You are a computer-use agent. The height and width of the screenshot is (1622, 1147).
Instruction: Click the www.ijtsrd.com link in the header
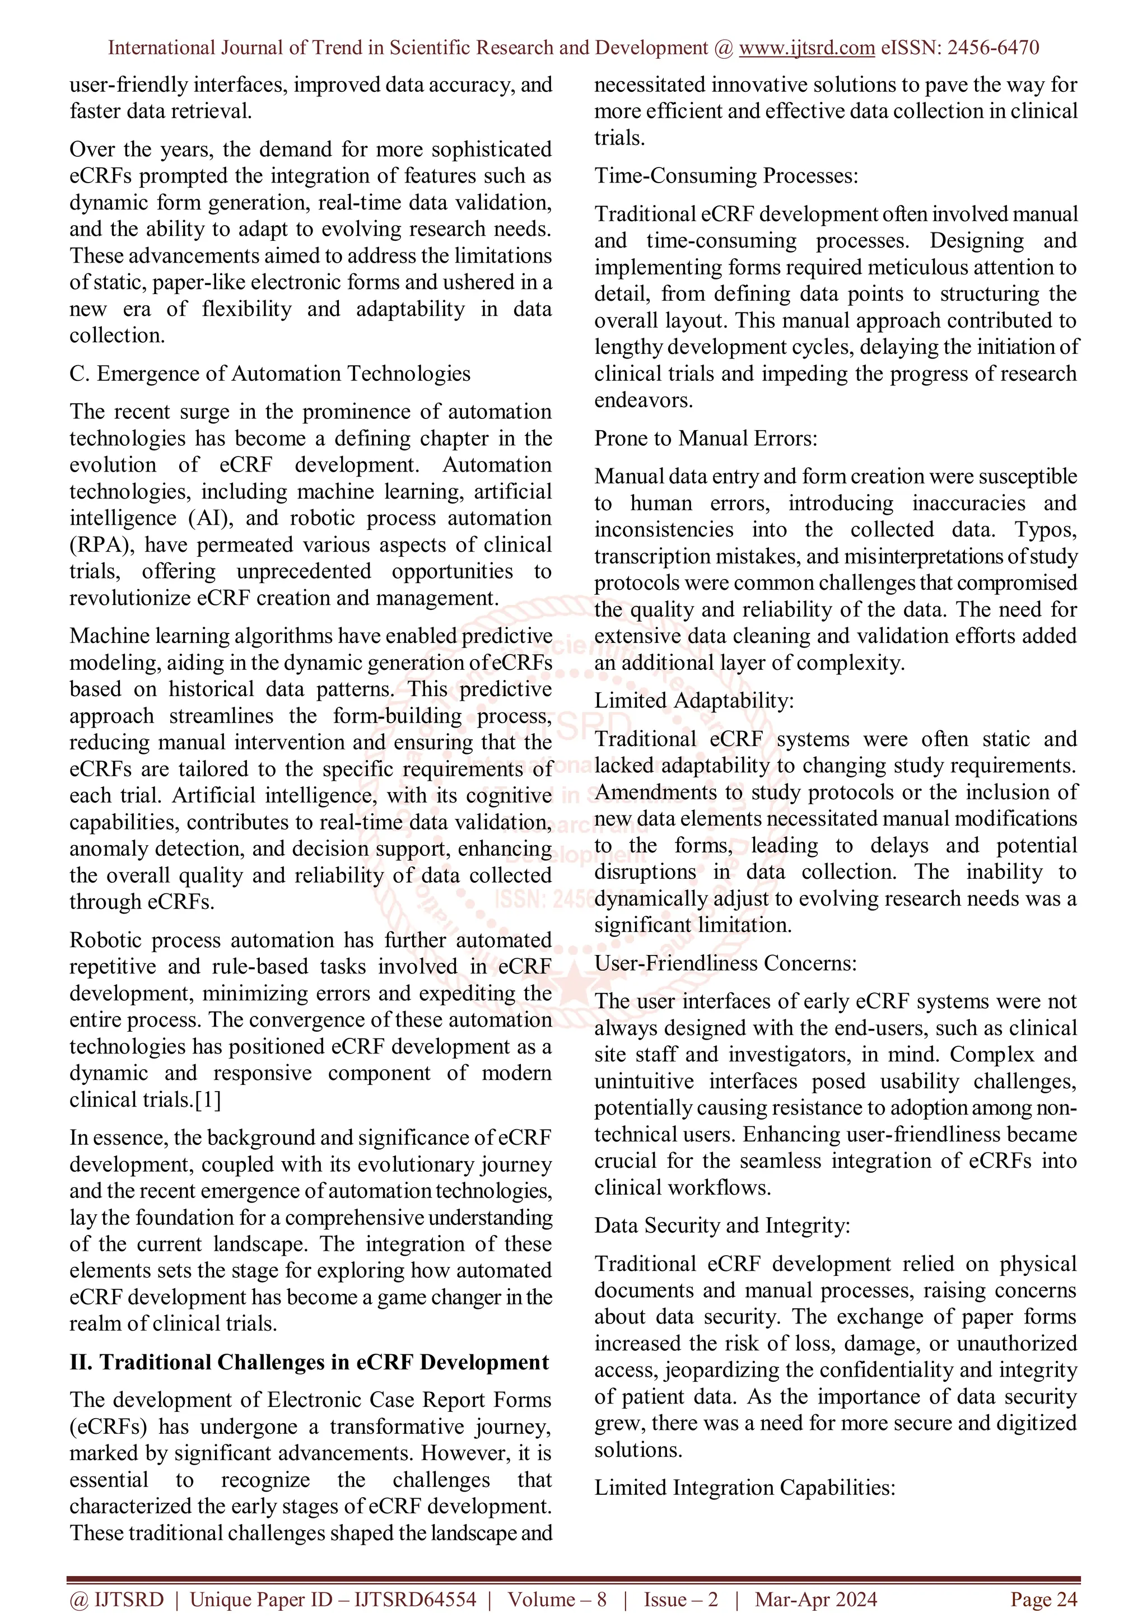(x=806, y=48)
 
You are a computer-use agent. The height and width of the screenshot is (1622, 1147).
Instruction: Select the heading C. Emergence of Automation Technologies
(x=270, y=374)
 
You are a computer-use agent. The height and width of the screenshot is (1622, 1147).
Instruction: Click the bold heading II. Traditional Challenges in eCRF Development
(x=309, y=1362)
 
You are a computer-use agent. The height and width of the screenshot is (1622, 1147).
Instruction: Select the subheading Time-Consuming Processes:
(x=726, y=175)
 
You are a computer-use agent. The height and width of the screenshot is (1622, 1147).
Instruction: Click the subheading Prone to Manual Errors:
(x=706, y=439)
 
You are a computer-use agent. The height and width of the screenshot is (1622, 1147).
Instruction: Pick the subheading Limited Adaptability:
(x=693, y=701)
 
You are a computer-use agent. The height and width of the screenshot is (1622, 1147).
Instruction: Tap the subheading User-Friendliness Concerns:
(x=725, y=963)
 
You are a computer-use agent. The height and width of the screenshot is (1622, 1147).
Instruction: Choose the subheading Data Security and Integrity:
(x=722, y=1225)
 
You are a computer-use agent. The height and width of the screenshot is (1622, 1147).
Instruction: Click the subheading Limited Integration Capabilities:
(x=744, y=1488)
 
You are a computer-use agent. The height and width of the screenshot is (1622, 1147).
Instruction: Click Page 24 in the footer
(x=1043, y=1600)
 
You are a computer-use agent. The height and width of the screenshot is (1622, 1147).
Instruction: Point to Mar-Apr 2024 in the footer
(x=816, y=1600)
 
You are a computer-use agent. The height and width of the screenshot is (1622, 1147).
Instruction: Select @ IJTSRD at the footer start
(x=116, y=1600)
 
